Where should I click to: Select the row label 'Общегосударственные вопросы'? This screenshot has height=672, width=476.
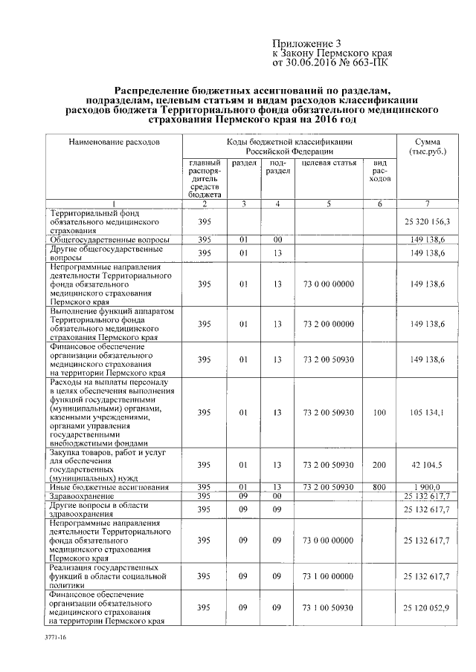(109, 240)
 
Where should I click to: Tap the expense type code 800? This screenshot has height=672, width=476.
(379, 487)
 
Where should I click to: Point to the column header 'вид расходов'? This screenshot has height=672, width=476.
(379, 171)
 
